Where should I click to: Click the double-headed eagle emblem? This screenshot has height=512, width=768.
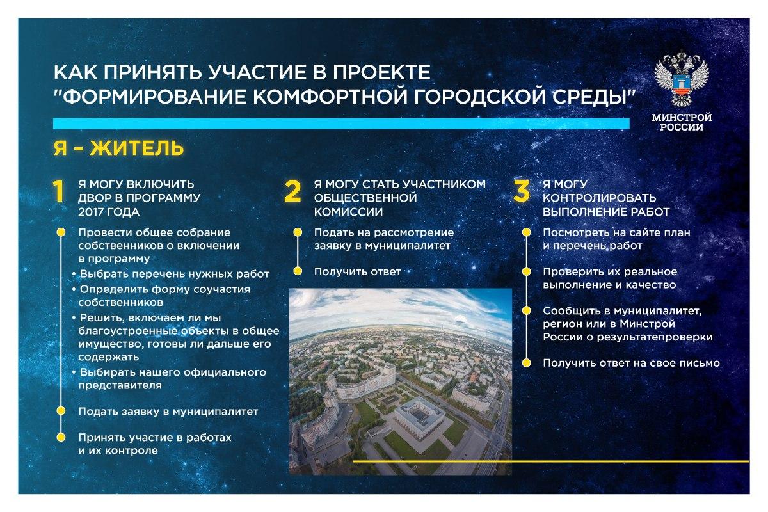[x=681, y=78]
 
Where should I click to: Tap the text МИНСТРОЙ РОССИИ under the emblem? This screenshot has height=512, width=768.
[x=682, y=122]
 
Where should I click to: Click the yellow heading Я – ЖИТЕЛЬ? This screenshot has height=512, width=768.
[x=118, y=148]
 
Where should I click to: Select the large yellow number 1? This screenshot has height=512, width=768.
[x=59, y=191]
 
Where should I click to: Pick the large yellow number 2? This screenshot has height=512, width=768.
[x=292, y=191]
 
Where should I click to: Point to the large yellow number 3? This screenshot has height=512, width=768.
[x=522, y=191]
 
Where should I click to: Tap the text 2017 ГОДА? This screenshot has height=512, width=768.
[x=109, y=212]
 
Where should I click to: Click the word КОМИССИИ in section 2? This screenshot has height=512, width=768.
[x=348, y=212]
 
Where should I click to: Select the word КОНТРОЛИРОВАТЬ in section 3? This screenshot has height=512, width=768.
[x=599, y=198]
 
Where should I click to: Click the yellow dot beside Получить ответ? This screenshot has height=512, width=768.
[x=298, y=271]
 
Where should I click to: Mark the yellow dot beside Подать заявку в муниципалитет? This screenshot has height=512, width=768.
[x=61, y=411]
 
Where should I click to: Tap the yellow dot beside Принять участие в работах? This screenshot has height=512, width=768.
[x=61, y=437]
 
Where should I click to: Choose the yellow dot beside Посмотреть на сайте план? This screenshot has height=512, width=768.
[x=526, y=232]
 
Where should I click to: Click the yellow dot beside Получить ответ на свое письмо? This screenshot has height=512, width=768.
[x=526, y=363]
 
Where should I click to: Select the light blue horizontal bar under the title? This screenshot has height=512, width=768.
[x=341, y=124]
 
